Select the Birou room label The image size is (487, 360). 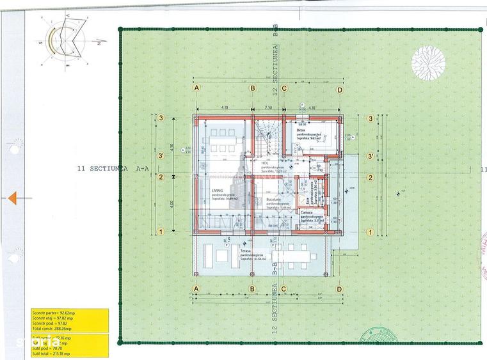click(x=301, y=129)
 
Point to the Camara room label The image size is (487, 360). click(x=307, y=212)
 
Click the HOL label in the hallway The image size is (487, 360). click(x=264, y=163)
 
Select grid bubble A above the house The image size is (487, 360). click(x=197, y=90)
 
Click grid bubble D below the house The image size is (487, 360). click(x=340, y=289)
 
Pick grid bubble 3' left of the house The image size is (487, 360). click(x=163, y=155)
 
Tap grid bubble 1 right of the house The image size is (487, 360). click(x=370, y=231)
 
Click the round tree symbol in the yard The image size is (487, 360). click(x=428, y=62)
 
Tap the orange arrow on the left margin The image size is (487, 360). click(x=12, y=199)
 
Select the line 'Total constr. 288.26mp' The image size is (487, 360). click(x=57, y=328)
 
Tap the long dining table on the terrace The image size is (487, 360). click(x=298, y=256)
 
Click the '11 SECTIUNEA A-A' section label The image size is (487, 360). click(x=112, y=169)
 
